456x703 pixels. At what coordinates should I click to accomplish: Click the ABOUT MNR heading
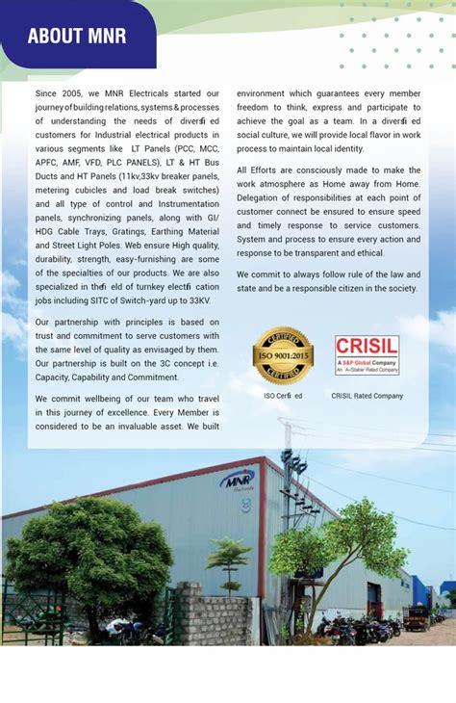(x=77, y=38)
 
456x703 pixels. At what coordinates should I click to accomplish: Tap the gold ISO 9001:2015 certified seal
(x=282, y=354)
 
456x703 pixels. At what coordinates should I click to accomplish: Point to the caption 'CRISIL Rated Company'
(x=367, y=396)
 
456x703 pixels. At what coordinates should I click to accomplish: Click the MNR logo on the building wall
(x=237, y=480)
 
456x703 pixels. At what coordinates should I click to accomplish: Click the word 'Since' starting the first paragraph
(x=48, y=93)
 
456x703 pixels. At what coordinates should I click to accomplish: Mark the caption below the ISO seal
(x=283, y=396)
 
